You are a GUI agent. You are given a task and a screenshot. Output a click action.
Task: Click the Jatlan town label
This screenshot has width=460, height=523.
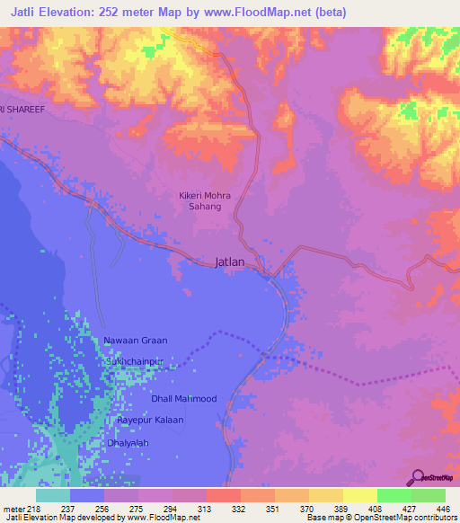point(230,263)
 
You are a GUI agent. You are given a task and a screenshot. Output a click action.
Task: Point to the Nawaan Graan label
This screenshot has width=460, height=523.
point(136,341)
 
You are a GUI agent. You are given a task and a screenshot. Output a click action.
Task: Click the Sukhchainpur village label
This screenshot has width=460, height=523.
point(136,360)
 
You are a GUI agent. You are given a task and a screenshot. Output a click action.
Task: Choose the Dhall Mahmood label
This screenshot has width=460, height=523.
point(183,398)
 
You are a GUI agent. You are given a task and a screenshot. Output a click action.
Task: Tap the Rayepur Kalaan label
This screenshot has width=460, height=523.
point(150,420)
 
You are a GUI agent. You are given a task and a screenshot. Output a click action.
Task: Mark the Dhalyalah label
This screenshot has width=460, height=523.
point(128,442)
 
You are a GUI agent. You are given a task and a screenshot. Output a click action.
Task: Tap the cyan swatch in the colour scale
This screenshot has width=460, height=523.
point(53,495)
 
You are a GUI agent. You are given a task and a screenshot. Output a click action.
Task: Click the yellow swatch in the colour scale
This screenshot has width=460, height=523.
point(360,495)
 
